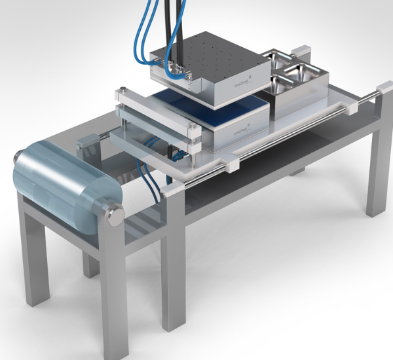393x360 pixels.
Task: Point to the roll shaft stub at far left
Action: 15,157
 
